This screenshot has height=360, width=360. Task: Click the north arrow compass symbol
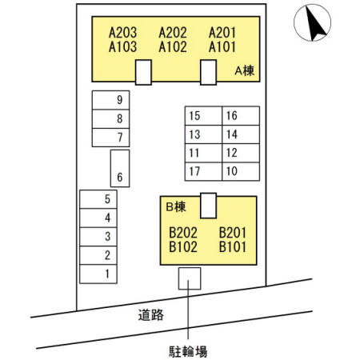(312, 23)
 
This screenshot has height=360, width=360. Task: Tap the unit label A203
(122, 33)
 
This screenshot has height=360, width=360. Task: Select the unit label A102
(173, 47)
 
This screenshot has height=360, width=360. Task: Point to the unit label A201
(222, 33)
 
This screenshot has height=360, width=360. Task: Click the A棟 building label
(245, 71)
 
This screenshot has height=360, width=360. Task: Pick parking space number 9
(110, 100)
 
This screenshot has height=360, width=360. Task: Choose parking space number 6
(120, 168)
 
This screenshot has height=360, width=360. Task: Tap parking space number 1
(98, 274)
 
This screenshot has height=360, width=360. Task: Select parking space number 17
(203, 171)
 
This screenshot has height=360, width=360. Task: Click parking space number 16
(241, 116)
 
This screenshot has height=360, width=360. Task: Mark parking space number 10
(241, 171)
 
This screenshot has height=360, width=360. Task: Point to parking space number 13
(203, 134)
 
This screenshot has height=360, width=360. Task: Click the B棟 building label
(176, 207)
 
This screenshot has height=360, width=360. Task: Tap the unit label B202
(183, 233)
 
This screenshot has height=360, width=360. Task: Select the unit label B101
(233, 246)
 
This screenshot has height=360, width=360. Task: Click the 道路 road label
(151, 315)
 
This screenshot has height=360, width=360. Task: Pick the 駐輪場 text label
(188, 351)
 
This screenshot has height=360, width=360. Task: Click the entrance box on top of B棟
(208, 206)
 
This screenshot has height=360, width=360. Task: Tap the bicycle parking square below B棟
(190, 278)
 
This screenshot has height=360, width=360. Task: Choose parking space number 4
(98, 218)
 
